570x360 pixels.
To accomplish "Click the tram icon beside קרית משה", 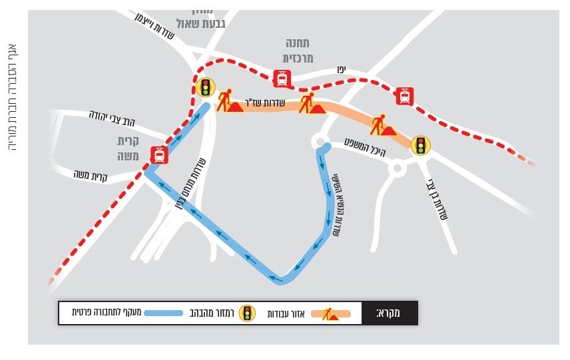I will (x=158, y=155).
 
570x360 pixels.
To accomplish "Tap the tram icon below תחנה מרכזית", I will (x=282, y=79).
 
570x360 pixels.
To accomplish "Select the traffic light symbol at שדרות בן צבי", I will (x=420, y=144).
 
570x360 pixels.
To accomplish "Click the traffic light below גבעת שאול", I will (x=206, y=87).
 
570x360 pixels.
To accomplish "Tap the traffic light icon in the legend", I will (x=248, y=313).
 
